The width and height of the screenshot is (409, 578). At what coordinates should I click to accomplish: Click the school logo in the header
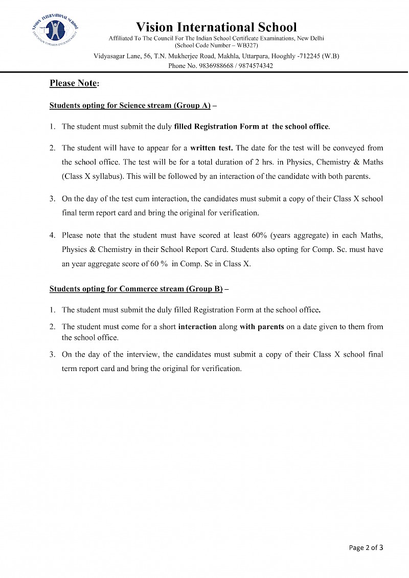[x=54, y=30]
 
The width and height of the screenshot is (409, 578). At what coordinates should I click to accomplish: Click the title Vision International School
[x=216, y=27]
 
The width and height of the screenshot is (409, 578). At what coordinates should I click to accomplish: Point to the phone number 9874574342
[x=256, y=65]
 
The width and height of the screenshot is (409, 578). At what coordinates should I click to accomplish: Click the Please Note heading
[x=74, y=83]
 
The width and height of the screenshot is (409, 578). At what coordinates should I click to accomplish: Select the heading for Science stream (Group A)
[x=130, y=105]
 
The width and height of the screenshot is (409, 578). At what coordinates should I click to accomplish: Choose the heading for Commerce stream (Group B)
[x=135, y=289]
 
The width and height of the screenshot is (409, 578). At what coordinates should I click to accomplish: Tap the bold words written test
[x=211, y=148]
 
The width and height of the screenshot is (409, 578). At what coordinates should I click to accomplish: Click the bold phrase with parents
[x=262, y=327]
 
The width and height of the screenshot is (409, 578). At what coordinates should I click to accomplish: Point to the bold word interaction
[x=197, y=327]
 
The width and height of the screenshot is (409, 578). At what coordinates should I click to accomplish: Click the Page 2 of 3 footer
[x=366, y=547]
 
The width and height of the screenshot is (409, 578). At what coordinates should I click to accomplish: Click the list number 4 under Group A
[x=52, y=236]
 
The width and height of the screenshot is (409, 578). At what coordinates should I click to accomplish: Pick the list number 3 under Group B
[x=52, y=354]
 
